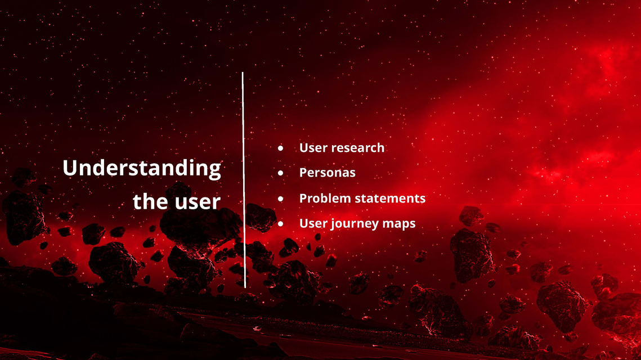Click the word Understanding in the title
[x=141, y=168]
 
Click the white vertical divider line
[x=244, y=180]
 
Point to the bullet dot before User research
[x=280, y=148]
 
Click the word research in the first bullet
[x=358, y=147]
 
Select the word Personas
[x=328, y=173]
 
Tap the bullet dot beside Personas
[x=280, y=173]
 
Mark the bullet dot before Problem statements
[x=280, y=199]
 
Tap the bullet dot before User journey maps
[x=280, y=224]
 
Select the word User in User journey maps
[x=313, y=223]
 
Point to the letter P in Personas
[x=304, y=173]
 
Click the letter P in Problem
[x=304, y=198]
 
